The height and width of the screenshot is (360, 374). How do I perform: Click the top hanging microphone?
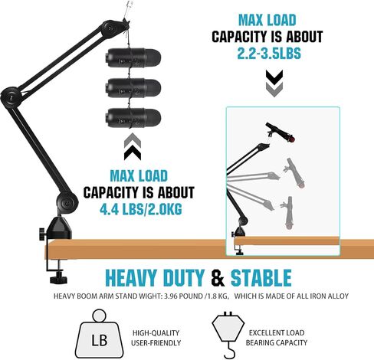(x=133, y=57)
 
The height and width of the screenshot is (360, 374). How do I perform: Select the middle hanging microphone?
(x=133, y=88)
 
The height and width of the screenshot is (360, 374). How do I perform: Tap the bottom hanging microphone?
(x=133, y=118)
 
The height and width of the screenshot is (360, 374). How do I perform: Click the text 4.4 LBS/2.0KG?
(x=141, y=210)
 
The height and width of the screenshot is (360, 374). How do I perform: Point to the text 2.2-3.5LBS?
(x=269, y=54)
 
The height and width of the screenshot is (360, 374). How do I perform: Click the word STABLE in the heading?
(x=261, y=278)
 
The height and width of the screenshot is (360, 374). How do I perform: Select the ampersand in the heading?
(x=218, y=278)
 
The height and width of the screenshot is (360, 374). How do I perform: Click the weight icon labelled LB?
(x=99, y=335)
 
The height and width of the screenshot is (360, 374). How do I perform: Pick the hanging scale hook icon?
(x=228, y=335)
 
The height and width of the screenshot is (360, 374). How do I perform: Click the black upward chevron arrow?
(x=133, y=152)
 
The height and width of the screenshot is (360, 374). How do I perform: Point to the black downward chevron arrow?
(x=274, y=77)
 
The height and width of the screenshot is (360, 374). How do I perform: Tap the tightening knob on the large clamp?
(x=43, y=234)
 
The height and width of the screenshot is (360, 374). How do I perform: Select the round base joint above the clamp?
(x=67, y=203)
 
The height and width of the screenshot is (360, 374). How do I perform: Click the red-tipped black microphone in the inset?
(x=280, y=133)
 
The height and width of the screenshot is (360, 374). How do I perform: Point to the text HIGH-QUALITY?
(x=156, y=333)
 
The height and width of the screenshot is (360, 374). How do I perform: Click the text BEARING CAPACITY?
(x=277, y=342)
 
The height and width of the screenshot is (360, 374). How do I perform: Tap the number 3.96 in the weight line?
(x=171, y=296)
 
